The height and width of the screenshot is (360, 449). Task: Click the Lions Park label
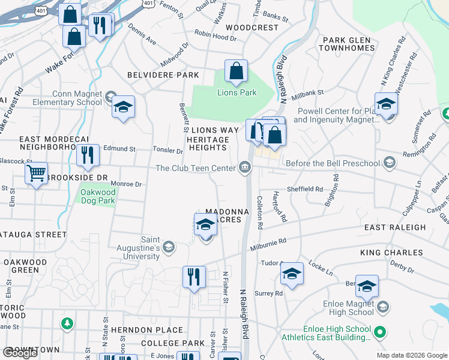tap(237, 92)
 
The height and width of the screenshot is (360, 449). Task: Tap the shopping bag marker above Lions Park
tap(237, 71)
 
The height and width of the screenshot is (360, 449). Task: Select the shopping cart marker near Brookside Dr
tap(37, 173)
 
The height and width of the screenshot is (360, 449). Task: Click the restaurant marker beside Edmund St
tap(88, 155)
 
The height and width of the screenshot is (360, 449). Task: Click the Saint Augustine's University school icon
tap(169, 246)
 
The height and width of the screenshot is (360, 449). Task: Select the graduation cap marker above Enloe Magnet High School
tap(367, 286)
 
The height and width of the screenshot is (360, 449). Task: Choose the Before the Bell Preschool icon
tap(389, 163)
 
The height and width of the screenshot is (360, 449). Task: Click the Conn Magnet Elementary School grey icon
tap(110, 97)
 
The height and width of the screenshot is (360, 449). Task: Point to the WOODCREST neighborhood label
tap(252, 28)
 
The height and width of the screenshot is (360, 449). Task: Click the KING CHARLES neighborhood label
tap(391, 253)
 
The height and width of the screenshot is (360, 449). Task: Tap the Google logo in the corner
tap(20, 352)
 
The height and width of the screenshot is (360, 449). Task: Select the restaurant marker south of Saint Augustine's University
tap(193, 277)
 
